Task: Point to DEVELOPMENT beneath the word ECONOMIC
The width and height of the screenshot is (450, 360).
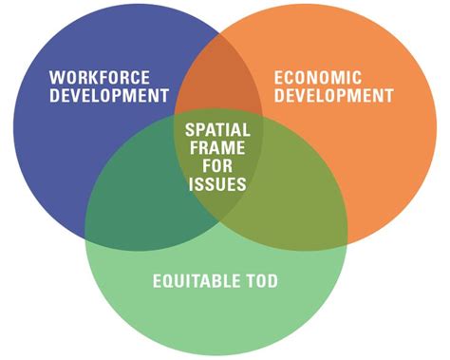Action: click(332, 96)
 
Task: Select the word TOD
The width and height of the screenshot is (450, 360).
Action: click(257, 281)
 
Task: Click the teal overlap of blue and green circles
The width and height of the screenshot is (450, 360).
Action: click(142, 199)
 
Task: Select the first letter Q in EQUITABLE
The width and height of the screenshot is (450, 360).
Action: click(165, 281)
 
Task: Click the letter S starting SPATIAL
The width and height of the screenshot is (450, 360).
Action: click(188, 127)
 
